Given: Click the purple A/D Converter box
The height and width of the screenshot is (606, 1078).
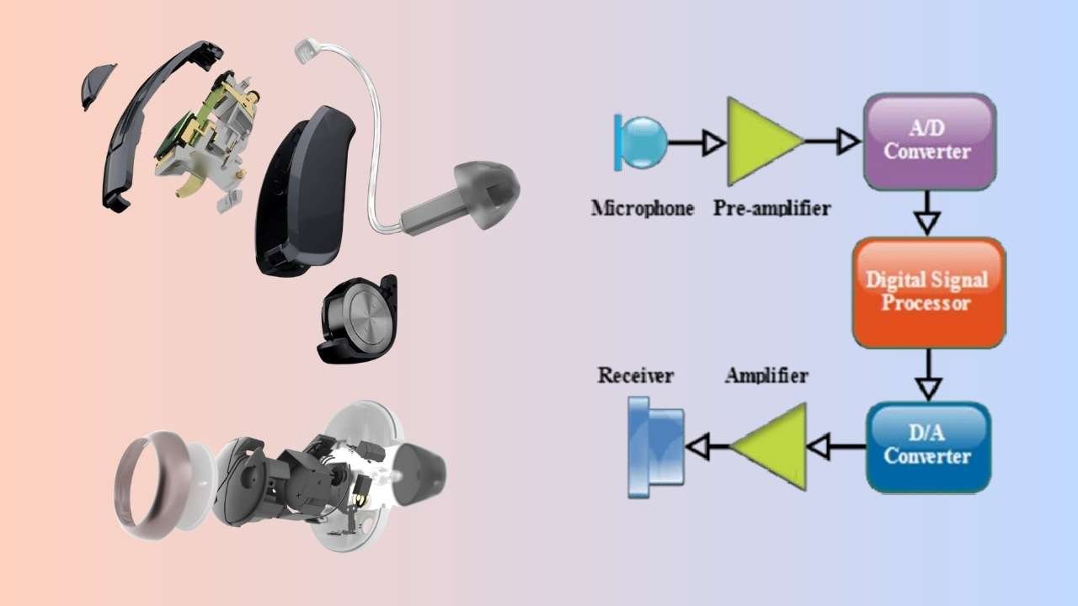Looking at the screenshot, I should (930, 141).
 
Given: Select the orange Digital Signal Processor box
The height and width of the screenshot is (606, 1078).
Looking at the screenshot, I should (928, 292).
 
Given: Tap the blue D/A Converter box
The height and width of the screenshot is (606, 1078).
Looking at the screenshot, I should (927, 447).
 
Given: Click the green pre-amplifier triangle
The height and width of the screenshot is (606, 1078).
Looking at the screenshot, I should (763, 141).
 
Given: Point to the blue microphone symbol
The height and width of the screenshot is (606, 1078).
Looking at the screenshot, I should (643, 141).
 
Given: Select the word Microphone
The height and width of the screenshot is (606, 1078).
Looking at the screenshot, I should (643, 208).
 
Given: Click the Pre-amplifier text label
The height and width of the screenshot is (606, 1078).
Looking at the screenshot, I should (770, 208).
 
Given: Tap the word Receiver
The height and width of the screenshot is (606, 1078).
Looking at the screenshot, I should (635, 375).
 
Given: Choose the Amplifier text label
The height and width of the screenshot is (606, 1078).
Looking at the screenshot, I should (766, 375).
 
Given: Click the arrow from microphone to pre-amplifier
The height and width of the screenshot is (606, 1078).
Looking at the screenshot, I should (696, 143).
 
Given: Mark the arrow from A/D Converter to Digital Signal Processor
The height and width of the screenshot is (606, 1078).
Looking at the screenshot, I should (927, 213).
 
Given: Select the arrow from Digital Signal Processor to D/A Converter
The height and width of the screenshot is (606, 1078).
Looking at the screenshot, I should (927, 374).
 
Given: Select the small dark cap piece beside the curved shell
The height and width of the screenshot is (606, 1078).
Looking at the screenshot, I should (97, 86).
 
